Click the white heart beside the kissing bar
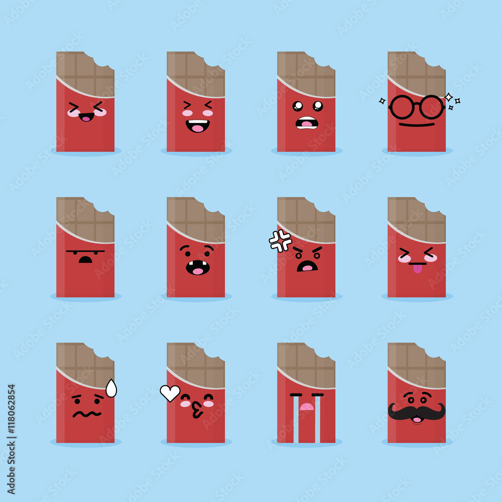[x=170, y=393]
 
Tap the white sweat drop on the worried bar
[x=111, y=389]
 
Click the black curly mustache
[x=416, y=412]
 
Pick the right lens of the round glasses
[x=431, y=107]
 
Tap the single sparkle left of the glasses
[x=382, y=101]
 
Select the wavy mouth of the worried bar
[x=86, y=414]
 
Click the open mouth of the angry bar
[x=307, y=266]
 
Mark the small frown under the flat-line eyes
[x=86, y=260]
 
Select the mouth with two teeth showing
[x=197, y=268]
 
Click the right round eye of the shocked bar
[x=317, y=106]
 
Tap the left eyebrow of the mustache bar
[x=409, y=394]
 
